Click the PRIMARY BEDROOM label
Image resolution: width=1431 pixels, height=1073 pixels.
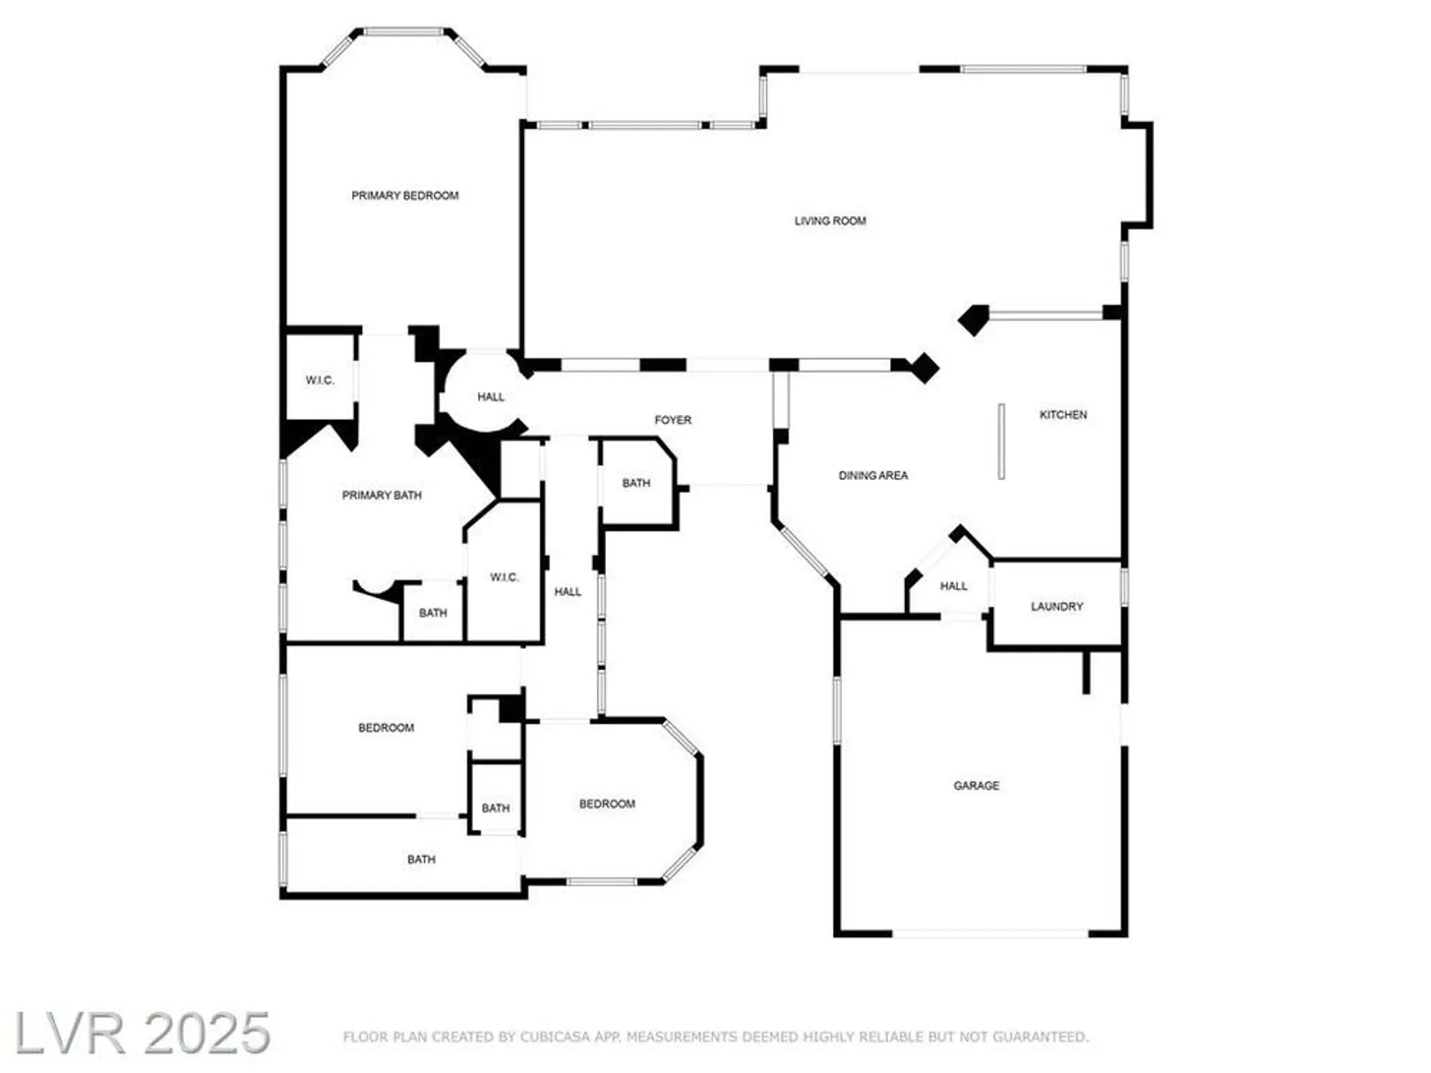pyautogui.click(x=405, y=195)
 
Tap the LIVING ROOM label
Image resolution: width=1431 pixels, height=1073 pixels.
pyautogui.click(x=830, y=221)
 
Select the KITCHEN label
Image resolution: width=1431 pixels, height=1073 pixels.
pyautogui.click(x=1063, y=415)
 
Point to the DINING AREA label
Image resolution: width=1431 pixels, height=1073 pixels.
pyautogui.click(x=873, y=476)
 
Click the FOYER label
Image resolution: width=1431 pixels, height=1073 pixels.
pyautogui.click(x=673, y=420)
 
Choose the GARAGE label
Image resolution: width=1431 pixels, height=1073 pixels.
pyautogui.click(x=976, y=785)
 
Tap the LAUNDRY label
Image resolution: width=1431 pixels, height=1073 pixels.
pyautogui.click(x=1057, y=607)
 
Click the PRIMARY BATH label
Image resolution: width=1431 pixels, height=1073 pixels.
pyautogui.click(x=381, y=495)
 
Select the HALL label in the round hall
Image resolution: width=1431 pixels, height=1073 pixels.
pyautogui.click(x=491, y=397)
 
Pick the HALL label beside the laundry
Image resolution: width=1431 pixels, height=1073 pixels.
pyautogui.click(x=954, y=586)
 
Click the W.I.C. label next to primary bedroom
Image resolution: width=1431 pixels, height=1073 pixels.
pyautogui.click(x=320, y=381)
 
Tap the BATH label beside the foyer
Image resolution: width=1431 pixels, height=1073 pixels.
pyautogui.click(x=636, y=484)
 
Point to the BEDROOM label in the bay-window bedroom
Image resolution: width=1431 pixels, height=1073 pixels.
pyautogui.click(x=607, y=804)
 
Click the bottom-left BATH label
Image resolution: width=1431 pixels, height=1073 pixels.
pyautogui.click(x=421, y=859)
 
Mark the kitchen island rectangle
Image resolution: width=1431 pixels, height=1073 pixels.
pyautogui.click(x=1001, y=441)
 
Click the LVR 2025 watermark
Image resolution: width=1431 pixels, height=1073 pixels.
pyautogui.click(x=142, y=1034)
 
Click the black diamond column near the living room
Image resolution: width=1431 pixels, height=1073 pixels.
pyautogui.click(x=924, y=368)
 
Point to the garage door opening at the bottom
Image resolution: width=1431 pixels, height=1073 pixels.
pyautogui.click(x=990, y=934)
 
